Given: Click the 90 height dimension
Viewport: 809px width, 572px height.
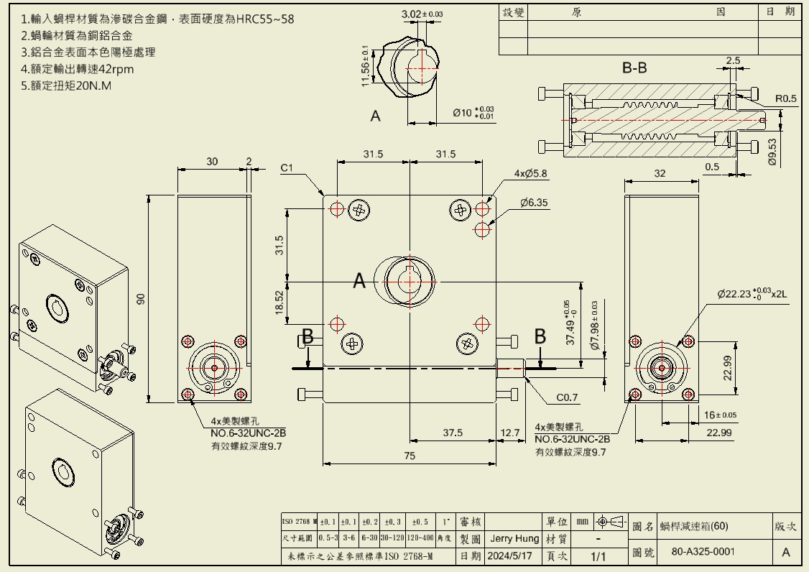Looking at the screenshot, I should pyautogui.click(x=142, y=299).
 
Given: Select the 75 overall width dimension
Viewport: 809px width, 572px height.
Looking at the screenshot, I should pyautogui.click(x=409, y=455).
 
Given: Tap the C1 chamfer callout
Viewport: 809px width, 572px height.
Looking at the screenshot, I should pyautogui.click(x=287, y=168).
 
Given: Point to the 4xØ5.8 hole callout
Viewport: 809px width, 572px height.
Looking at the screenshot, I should pyautogui.click(x=530, y=173).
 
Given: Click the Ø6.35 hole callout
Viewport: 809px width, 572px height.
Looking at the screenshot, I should pyautogui.click(x=535, y=203).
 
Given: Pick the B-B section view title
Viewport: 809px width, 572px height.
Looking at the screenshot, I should pyautogui.click(x=634, y=68).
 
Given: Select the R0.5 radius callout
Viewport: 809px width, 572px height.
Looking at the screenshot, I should pyautogui.click(x=786, y=98).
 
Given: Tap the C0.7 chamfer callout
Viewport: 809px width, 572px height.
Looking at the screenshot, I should pyautogui.click(x=567, y=397).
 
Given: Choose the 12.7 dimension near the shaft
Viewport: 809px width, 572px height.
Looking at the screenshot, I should pyautogui.click(x=510, y=433).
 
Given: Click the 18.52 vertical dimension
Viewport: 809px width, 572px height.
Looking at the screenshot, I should pyautogui.click(x=279, y=302).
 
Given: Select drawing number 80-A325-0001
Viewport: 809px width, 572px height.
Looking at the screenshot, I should pyautogui.click(x=703, y=552).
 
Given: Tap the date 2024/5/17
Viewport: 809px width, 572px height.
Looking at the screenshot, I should pyautogui.click(x=509, y=556).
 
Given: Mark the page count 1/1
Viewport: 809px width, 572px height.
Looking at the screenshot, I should pyautogui.click(x=598, y=556).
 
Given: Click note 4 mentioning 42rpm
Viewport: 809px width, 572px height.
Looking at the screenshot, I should pyautogui.click(x=78, y=69).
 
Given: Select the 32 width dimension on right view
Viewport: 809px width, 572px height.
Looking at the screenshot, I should pyautogui.click(x=660, y=173).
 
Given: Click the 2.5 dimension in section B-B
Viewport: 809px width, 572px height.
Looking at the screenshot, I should pyautogui.click(x=732, y=61).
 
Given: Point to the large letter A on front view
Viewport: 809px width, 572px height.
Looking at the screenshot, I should pyautogui.click(x=360, y=282).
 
